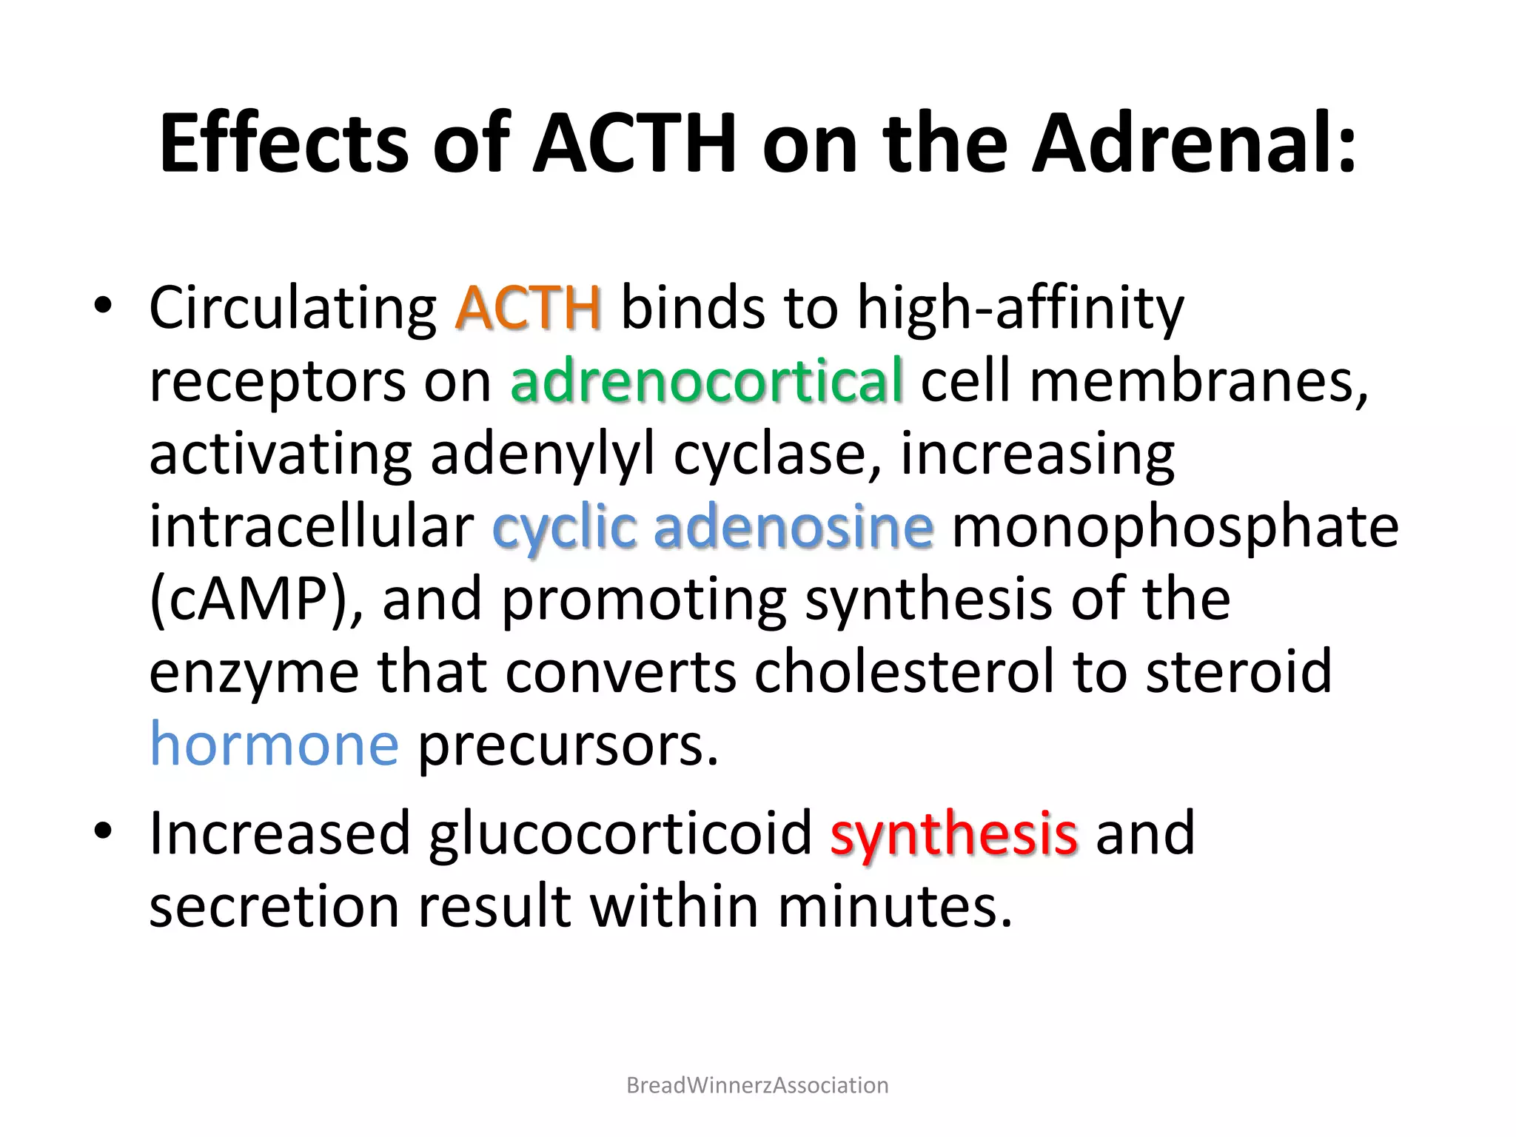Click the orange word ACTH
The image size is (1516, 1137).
(528, 308)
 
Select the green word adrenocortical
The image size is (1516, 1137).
(706, 380)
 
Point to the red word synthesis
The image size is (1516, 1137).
(953, 834)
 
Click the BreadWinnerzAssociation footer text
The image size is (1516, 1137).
(757, 1085)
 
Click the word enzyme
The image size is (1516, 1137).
(254, 671)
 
